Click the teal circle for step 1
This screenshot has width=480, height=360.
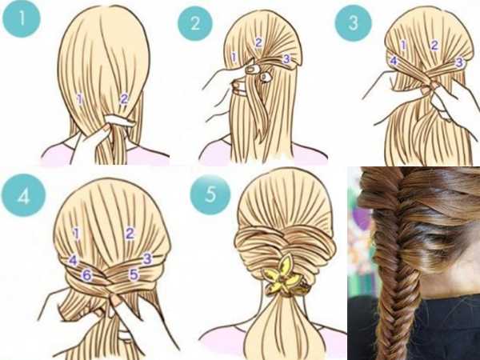tap(22, 18)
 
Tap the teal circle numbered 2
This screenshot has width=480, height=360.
tap(195, 23)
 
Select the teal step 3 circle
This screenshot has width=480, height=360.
tap(354, 23)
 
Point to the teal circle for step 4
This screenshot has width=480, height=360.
tap(23, 195)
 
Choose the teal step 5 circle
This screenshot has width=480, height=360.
tap(210, 194)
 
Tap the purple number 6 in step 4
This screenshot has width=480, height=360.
tap(87, 275)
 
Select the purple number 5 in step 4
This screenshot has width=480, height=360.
tap(134, 274)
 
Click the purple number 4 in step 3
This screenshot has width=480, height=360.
tap(394, 60)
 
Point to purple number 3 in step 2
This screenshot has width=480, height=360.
tap(286, 58)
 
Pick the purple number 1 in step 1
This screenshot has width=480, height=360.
tap(80, 99)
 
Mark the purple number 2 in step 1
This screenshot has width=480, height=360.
tap(124, 99)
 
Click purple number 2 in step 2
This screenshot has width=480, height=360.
tap(258, 42)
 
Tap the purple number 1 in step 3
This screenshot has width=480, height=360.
tap(404, 46)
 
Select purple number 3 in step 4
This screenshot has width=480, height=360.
tap(147, 258)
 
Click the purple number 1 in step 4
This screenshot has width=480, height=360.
tap(77, 234)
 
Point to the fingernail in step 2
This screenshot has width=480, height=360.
tap(252, 69)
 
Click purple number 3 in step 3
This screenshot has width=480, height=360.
tap(459, 62)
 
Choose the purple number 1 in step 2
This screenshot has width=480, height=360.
tap(234, 57)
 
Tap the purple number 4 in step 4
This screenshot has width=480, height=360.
tap(73, 261)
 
